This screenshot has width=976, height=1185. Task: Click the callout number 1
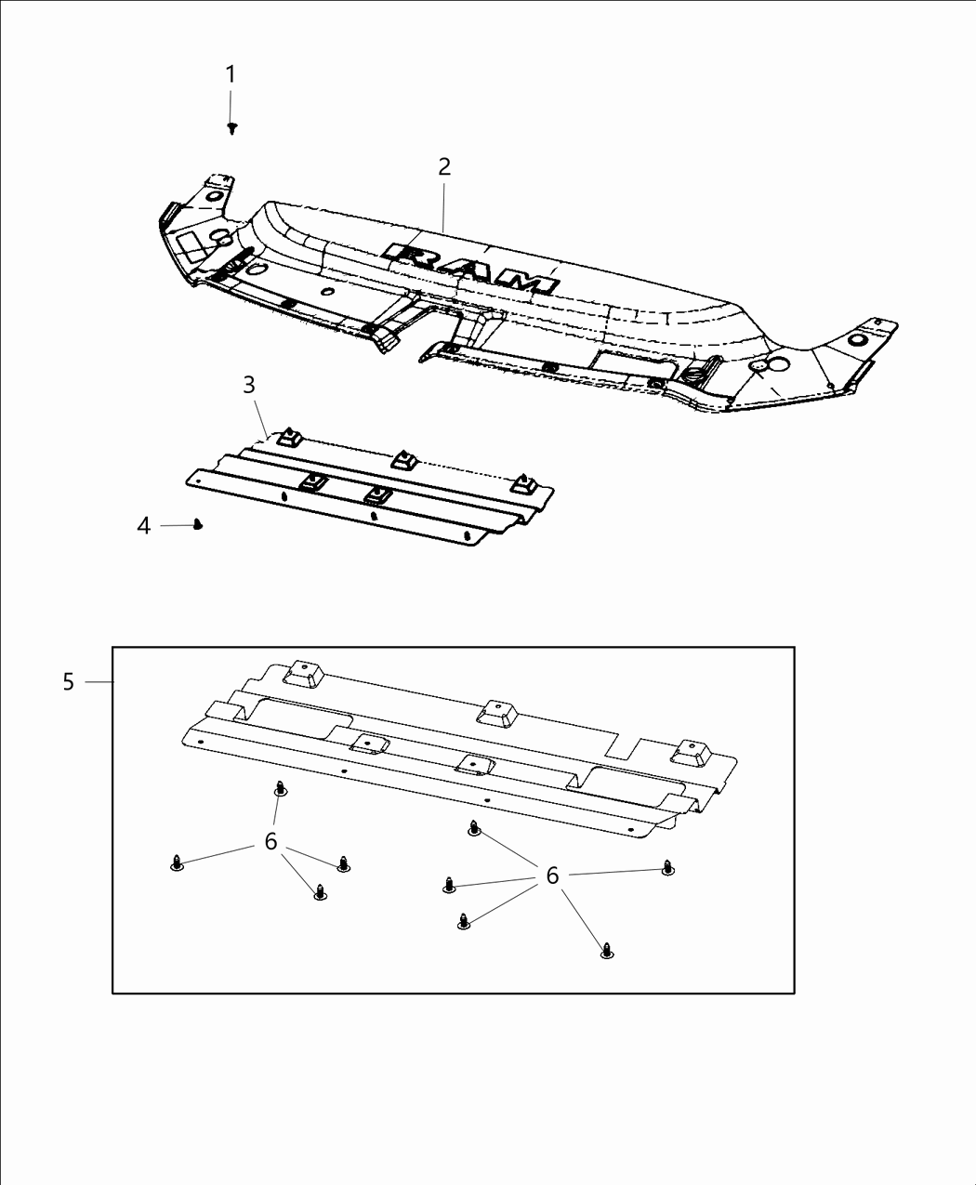coord(231,74)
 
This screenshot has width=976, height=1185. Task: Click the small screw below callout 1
coord(232,128)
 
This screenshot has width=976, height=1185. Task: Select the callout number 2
coord(444,166)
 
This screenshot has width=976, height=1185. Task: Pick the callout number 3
coord(249,384)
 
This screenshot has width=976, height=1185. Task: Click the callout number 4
coord(143,526)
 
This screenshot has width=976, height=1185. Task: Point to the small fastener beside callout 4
coord(197,525)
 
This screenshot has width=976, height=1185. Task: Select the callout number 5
coord(69,682)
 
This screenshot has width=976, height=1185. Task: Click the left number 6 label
coord(270,841)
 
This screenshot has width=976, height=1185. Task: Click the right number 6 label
coord(552,876)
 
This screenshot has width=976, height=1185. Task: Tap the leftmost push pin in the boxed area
coord(177,864)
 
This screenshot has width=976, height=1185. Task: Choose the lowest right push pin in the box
coord(607,950)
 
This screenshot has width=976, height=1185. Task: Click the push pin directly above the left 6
coord(280,789)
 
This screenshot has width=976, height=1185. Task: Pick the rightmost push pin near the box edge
coord(667,868)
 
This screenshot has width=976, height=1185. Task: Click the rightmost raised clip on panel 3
coord(526,483)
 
